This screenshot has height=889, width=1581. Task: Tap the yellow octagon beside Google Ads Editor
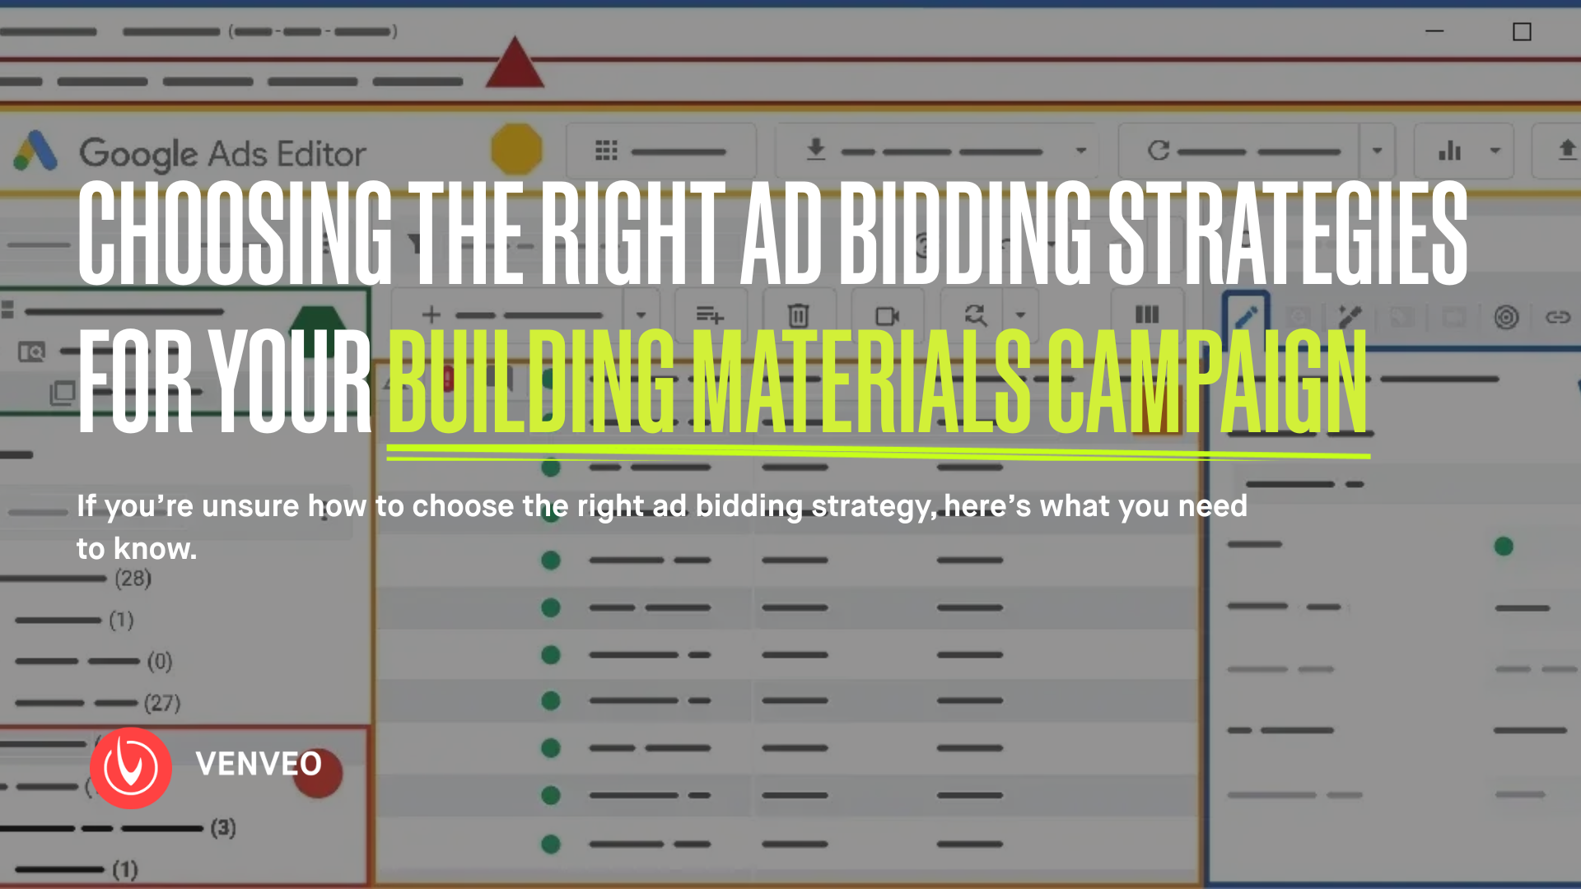pos(516,149)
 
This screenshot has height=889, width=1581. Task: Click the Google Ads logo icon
pos(35,151)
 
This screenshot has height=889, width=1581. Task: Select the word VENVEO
pos(259,764)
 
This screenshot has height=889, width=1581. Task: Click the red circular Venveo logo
pos(131,768)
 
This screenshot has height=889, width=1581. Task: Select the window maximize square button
pos(1522,32)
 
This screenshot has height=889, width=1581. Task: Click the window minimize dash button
pos(1434,31)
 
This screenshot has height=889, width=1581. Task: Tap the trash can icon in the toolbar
pos(798,315)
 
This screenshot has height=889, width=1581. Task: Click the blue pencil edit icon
pos(1246,317)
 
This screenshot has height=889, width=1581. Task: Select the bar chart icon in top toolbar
pos(1450,151)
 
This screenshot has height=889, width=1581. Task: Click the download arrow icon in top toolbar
pos(815,150)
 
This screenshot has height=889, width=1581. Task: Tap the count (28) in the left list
pos(133,578)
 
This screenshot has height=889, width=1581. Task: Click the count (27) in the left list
pos(162,703)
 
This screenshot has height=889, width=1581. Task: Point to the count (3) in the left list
pos(223,827)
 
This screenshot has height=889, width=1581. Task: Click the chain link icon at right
pos(1558,317)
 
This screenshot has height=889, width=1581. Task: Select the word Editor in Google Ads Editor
pos(321,155)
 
